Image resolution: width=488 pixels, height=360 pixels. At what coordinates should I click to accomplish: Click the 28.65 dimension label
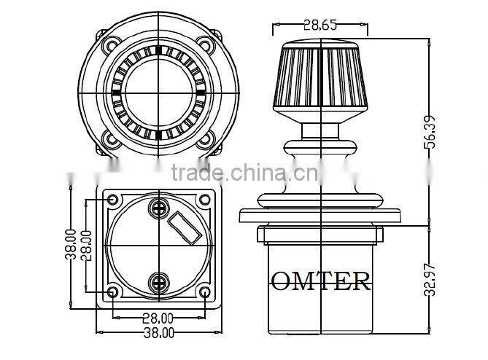320,24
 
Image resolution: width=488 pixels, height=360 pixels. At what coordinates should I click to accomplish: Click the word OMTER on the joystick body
320,281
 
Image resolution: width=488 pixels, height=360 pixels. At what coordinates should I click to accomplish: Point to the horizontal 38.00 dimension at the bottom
158,333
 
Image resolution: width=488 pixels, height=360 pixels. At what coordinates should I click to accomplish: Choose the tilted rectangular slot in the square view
186,227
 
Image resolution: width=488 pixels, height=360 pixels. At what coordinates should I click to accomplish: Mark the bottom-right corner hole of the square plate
205,293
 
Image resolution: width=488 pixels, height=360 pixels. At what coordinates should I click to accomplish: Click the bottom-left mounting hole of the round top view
111,138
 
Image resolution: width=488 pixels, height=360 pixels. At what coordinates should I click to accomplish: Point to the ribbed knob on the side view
320,80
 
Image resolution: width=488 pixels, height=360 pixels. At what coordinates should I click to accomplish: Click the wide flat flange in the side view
320,216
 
